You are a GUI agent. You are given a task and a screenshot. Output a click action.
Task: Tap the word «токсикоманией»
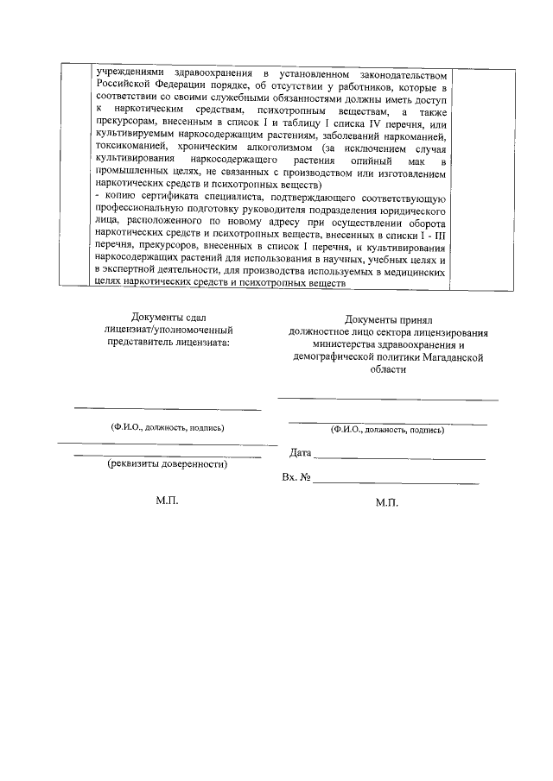[132, 148]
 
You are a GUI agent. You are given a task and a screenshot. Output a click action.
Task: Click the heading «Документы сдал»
[167, 318]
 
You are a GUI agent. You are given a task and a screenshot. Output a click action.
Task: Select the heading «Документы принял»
[388, 319]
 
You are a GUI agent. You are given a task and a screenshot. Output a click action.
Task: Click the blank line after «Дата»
[398, 458]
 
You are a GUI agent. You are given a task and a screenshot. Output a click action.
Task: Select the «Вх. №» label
[296, 477]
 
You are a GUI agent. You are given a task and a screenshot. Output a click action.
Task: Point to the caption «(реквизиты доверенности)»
[167, 464]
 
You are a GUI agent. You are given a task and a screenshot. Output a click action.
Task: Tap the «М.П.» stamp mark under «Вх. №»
[387, 503]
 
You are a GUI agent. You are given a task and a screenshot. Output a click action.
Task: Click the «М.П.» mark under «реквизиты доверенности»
[167, 501]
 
